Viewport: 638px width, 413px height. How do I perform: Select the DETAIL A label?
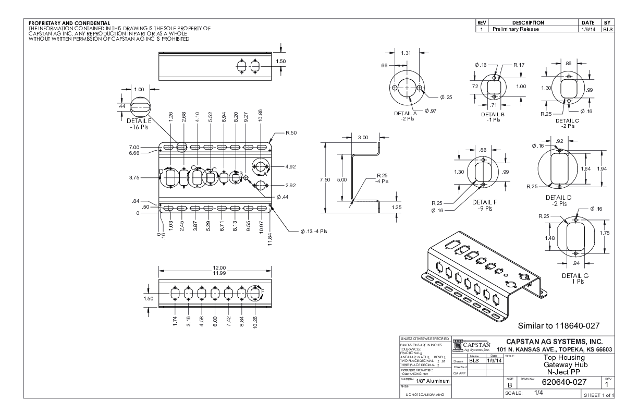pos(403,113)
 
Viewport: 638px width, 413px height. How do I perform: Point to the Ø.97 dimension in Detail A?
pos(431,111)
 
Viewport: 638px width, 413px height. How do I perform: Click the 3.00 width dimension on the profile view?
pos(363,137)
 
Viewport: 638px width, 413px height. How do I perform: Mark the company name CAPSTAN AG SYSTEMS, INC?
pos(558,341)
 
